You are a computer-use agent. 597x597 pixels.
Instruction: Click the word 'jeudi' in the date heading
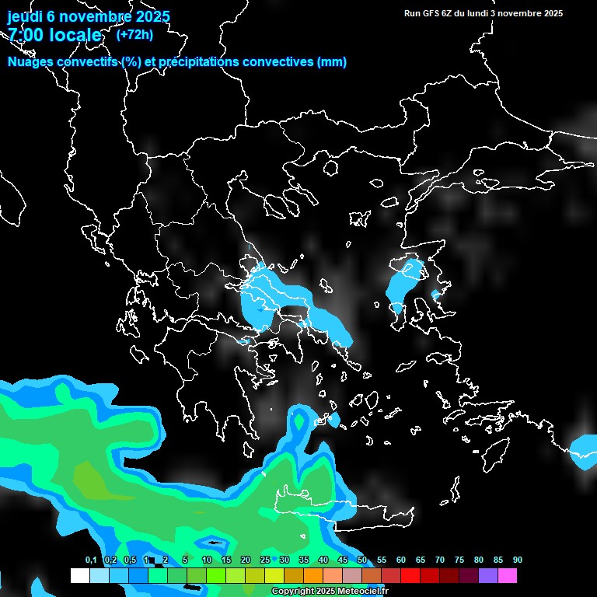pyautogui.click(x=25, y=16)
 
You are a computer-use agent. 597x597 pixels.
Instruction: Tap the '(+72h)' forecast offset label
pyautogui.click(x=134, y=34)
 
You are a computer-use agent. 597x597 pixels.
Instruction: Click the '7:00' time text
pyautogui.click(x=26, y=35)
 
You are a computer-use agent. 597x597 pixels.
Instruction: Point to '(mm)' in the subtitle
pyautogui.click(x=332, y=62)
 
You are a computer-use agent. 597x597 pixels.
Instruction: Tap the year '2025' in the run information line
pyautogui.click(x=553, y=13)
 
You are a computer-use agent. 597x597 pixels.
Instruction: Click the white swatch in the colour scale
pyautogui.click(x=79, y=576)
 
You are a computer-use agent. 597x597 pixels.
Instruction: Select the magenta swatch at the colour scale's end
pyautogui.click(x=508, y=576)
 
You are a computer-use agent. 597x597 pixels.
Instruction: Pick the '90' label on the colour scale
pyautogui.click(x=517, y=560)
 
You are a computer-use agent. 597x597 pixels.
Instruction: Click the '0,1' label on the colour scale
pyautogui.click(x=91, y=560)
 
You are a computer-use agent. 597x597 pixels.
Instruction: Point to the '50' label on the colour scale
pyautogui.click(x=361, y=560)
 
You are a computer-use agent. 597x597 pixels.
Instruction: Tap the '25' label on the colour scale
pyautogui.click(x=264, y=560)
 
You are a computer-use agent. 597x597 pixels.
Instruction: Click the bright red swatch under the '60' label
pyautogui.click(x=410, y=576)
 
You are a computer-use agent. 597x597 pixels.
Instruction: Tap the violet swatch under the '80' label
pyautogui.click(x=488, y=576)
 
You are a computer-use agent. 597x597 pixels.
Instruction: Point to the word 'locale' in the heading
pyautogui.click(x=75, y=35)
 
